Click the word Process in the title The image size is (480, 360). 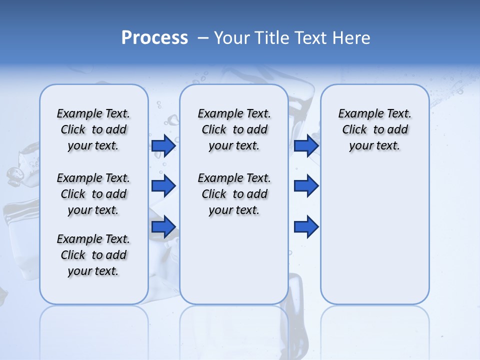154,37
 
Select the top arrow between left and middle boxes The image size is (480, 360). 163,145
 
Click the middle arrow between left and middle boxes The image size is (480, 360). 163,186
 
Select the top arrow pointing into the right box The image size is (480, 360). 306,145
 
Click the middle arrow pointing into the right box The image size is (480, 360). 306,186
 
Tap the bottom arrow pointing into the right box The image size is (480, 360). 306,226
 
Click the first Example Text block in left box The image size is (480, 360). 93,129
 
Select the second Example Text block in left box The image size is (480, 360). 93,194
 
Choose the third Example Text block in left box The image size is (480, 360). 93,255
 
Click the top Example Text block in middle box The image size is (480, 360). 234,129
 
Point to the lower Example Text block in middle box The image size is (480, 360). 234,194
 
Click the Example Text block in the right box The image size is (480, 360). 375,129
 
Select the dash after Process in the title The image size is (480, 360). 202,38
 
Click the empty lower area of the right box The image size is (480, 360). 375,240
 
